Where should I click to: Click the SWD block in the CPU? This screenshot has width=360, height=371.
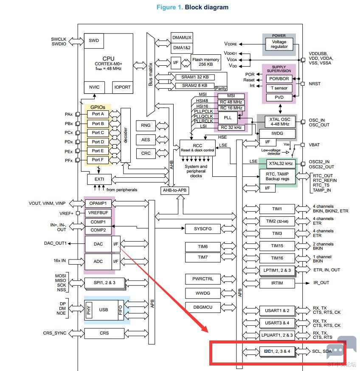(x=94, y=41)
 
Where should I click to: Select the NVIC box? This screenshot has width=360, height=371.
(x=94, y=87)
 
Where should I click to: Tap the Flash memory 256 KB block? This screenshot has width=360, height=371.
(x=205, y=62)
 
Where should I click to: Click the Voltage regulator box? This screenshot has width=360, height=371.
(x=279, y=44)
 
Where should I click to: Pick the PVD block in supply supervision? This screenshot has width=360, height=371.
(x=279, y=98)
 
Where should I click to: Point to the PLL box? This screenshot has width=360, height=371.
(x=228, y=117)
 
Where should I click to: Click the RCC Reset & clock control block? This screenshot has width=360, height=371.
(x=197, y=148)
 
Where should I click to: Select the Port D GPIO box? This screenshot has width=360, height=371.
(x=98, y=142)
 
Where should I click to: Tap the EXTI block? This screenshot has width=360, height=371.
(x=99, y=179)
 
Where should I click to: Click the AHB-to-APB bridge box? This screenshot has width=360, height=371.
(x=174, y=190)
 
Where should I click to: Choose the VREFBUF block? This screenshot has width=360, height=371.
(x=98, y=213)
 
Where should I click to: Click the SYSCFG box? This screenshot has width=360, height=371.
(x=203, y=229)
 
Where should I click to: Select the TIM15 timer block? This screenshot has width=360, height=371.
(x=277, y=246)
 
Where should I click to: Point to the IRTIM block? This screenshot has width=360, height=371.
(x=277, y=283)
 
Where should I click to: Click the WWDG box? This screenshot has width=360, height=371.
(x=203, y=293)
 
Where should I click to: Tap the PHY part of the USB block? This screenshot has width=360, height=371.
(x=89, y=310)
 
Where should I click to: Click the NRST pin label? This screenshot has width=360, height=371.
(x=315, y=84)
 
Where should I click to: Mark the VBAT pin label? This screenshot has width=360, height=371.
(x=314, y=145)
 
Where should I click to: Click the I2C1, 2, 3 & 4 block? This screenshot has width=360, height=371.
(x=277, y=351)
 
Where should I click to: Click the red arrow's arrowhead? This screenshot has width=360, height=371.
(x=204, y=328)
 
